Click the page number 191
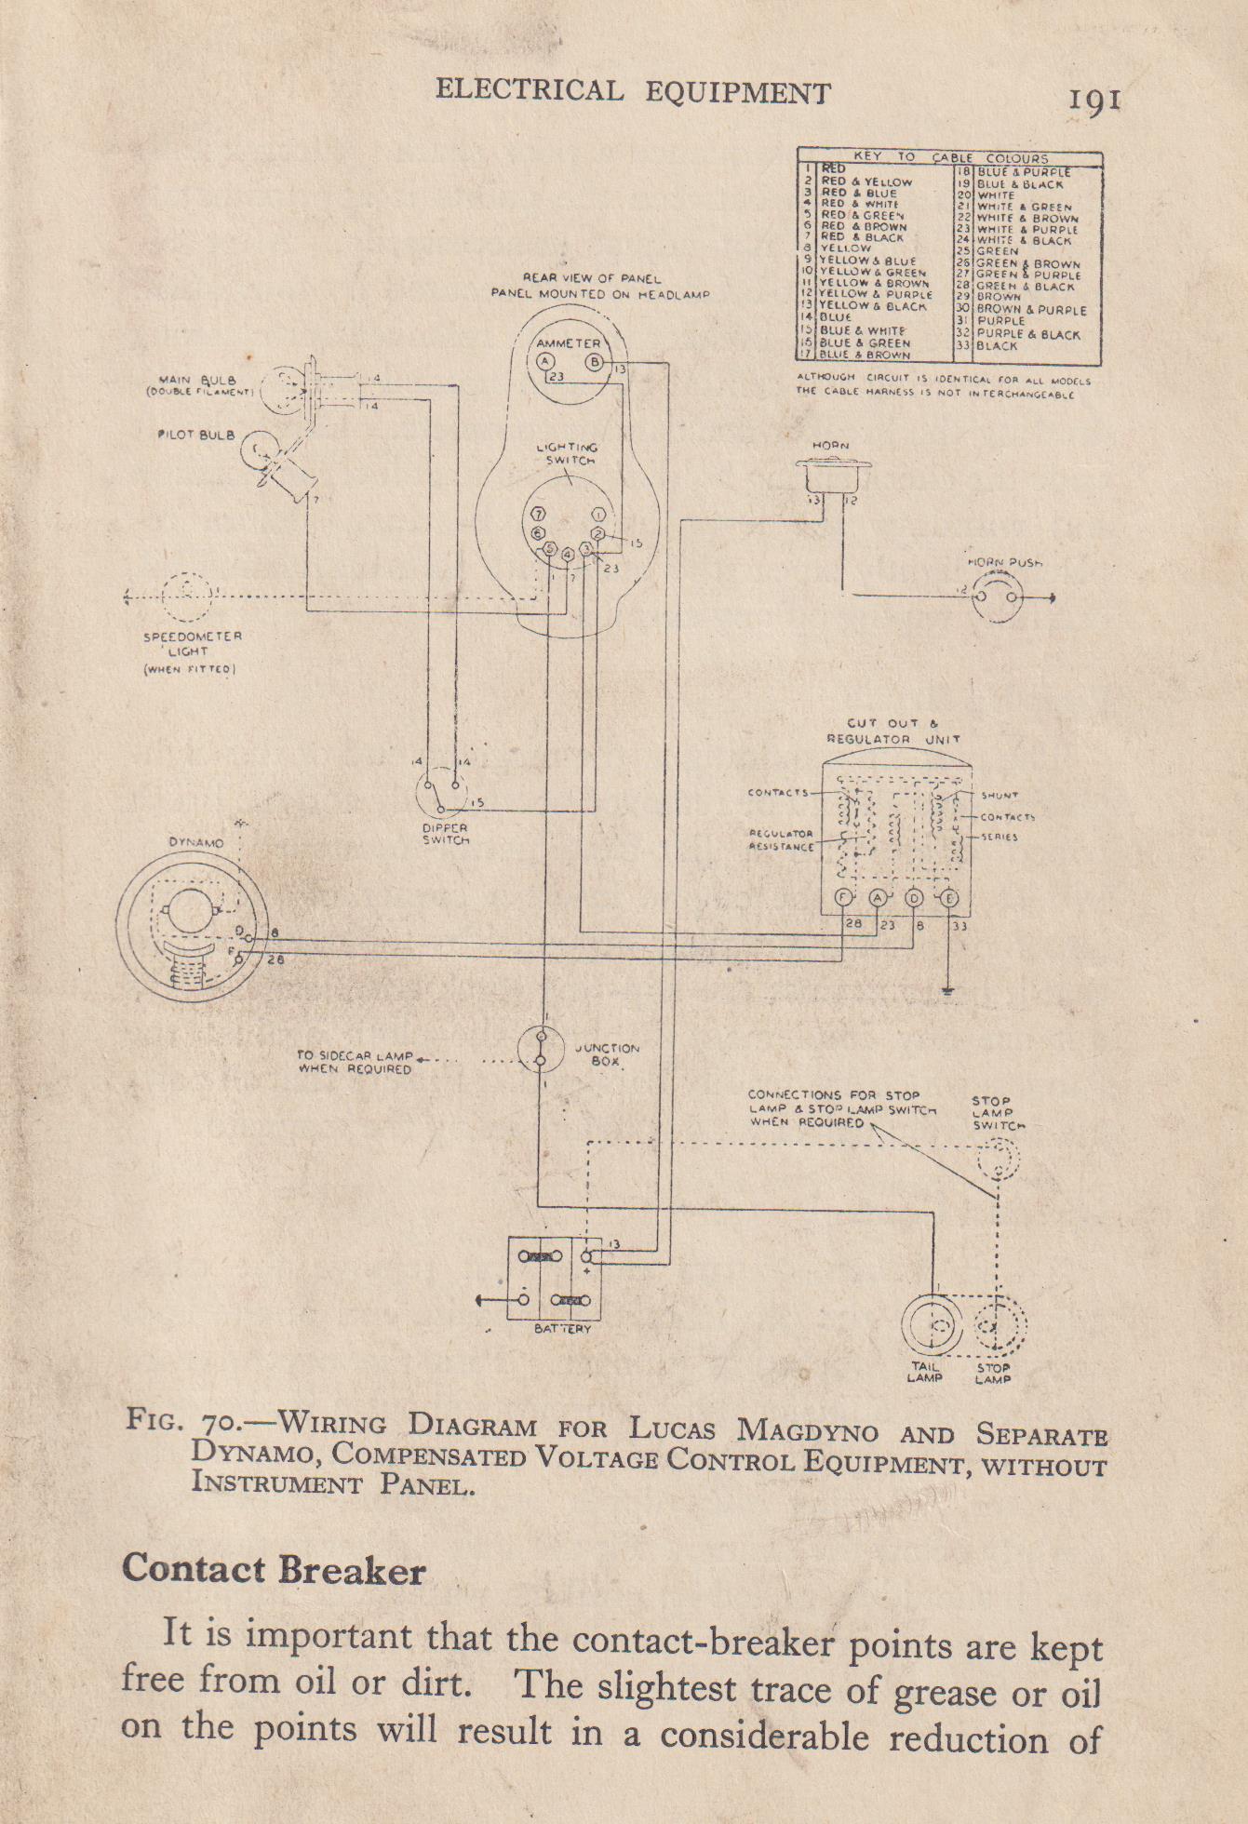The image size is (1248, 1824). pos(1094,99)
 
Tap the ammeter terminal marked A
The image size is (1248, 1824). pos(545,363)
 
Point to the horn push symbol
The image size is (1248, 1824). pos(997,597)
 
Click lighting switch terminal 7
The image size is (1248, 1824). pos(538,515)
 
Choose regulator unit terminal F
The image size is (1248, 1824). pos(844,898)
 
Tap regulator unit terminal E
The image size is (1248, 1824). pos(948,898)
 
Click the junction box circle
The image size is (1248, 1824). pos(541,1050)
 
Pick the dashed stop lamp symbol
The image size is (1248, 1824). pos(1000,1325)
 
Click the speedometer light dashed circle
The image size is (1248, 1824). pos(188,597)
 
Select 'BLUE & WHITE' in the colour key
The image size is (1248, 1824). pos(862,330)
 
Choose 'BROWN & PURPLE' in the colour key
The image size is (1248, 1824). pos(1031,310)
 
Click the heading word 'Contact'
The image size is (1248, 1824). pos(194,1570)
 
